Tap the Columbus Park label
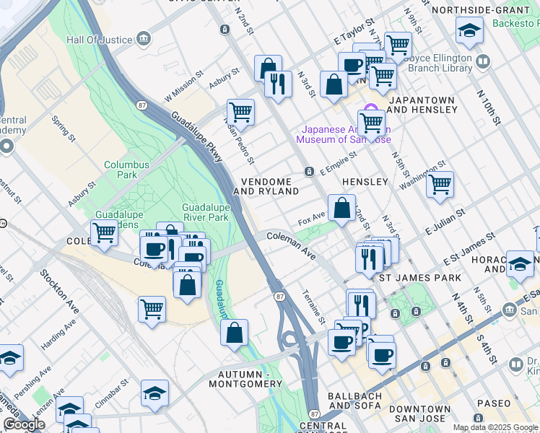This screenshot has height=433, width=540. (126, 170)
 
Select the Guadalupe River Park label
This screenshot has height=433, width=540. (205, 211)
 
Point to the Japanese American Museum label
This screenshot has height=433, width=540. (344, 134)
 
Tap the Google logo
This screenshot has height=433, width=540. (24, 424)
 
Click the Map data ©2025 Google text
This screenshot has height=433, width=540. (495, 427)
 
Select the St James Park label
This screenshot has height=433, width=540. (419, 278)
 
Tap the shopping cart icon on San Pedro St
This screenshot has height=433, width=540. (240, 113)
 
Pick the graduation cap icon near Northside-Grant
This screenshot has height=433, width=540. (469, 30)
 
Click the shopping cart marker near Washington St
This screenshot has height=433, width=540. (439, 185)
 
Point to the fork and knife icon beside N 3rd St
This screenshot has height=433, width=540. (277, 83)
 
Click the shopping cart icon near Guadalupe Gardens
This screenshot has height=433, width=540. (105, 233)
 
